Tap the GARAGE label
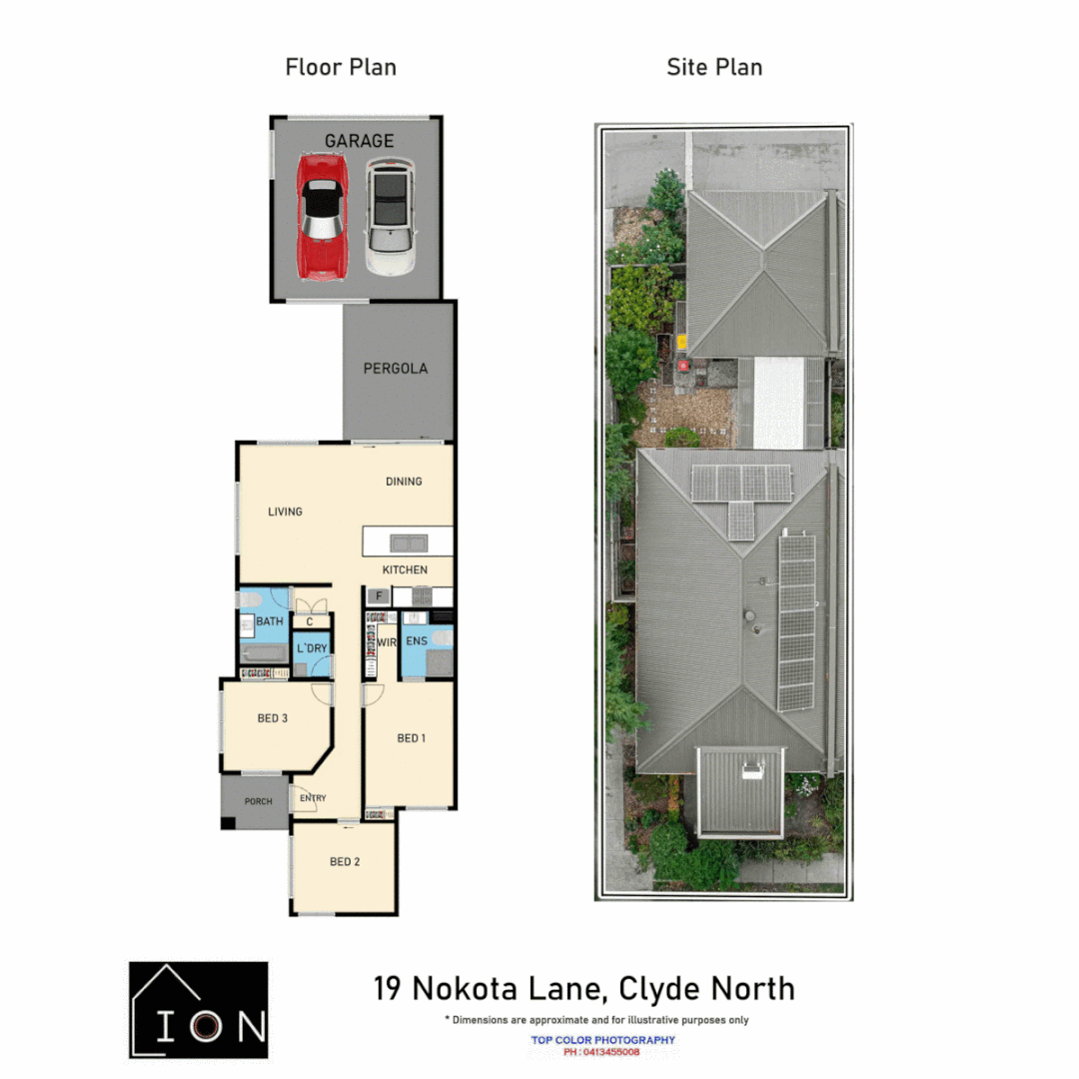(359, 141)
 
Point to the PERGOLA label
(396, 368)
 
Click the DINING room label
(404, 481)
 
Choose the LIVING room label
(285, 512)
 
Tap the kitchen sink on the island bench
(410, 543)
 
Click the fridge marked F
(378, 596)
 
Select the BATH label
(270, 621)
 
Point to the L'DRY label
(312, 648)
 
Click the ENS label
(417, 640)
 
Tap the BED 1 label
(412, 738)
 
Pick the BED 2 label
(344, 861)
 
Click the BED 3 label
(273, 717)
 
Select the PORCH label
(258, 801)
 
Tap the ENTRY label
(313, 797)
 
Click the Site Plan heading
(714, 68)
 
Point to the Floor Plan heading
(341, 68)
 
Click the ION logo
(199, 1009)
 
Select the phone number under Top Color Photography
(601, 1052)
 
